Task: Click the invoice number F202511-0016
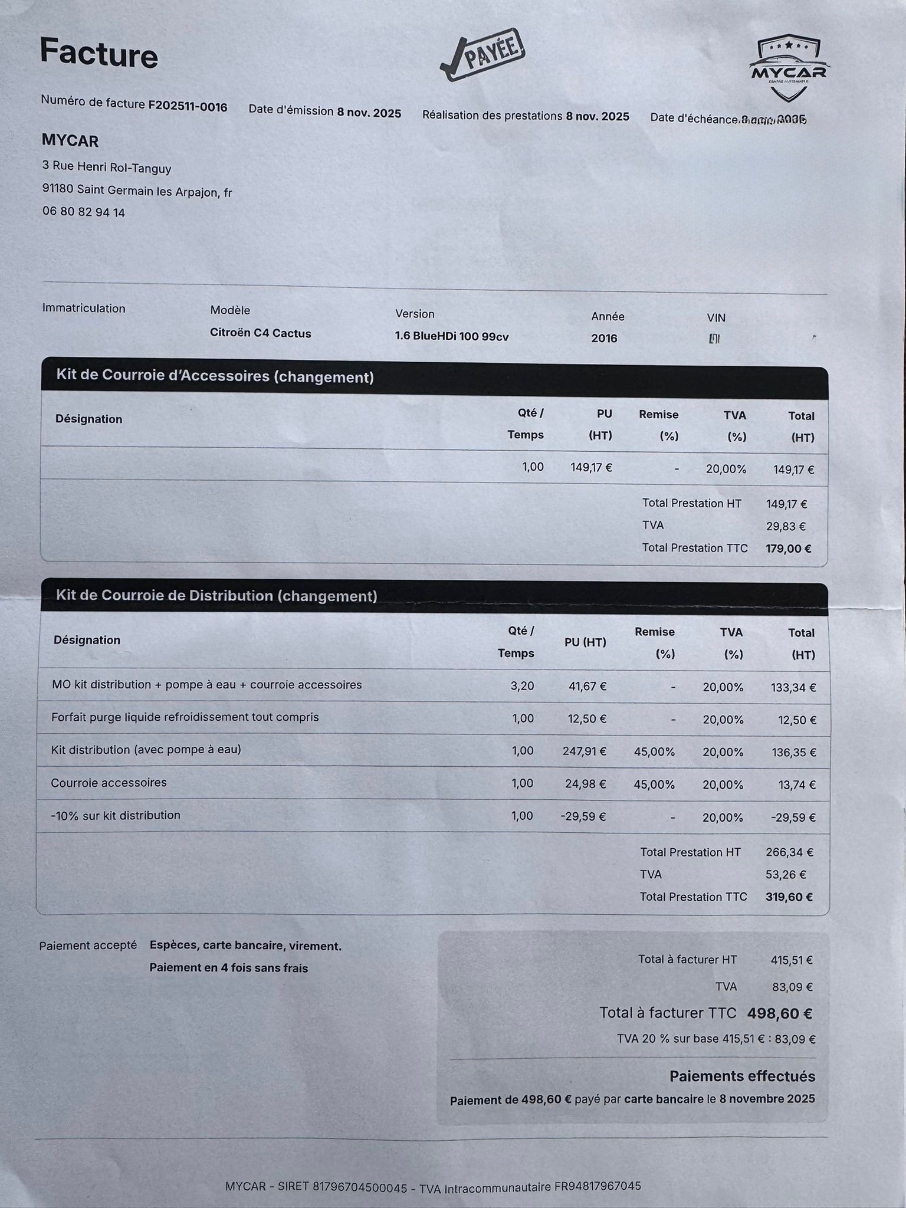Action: coord(188,106)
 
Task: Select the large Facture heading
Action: coord(99,53)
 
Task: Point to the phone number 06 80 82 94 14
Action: coord(84,212)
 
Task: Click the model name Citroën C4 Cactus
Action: coord(260,333)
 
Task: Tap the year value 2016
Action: coord(604,338)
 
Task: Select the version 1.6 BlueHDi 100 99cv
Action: coord(451,337)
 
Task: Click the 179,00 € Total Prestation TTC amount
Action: coord(788,549)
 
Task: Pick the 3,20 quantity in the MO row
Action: coord(522,685)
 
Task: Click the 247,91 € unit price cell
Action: coord(584,751)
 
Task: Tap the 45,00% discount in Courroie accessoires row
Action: coord(654,784)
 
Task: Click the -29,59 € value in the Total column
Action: coord(793,818)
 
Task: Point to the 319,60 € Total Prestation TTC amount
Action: coord(789,897)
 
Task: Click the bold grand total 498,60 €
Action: coord(779,1013)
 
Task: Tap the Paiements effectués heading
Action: coord(742,1076)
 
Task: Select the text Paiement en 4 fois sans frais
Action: coord(228,968)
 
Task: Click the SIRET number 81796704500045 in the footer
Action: coord(359,1187)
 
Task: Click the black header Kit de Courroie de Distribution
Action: coord(216,596)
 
